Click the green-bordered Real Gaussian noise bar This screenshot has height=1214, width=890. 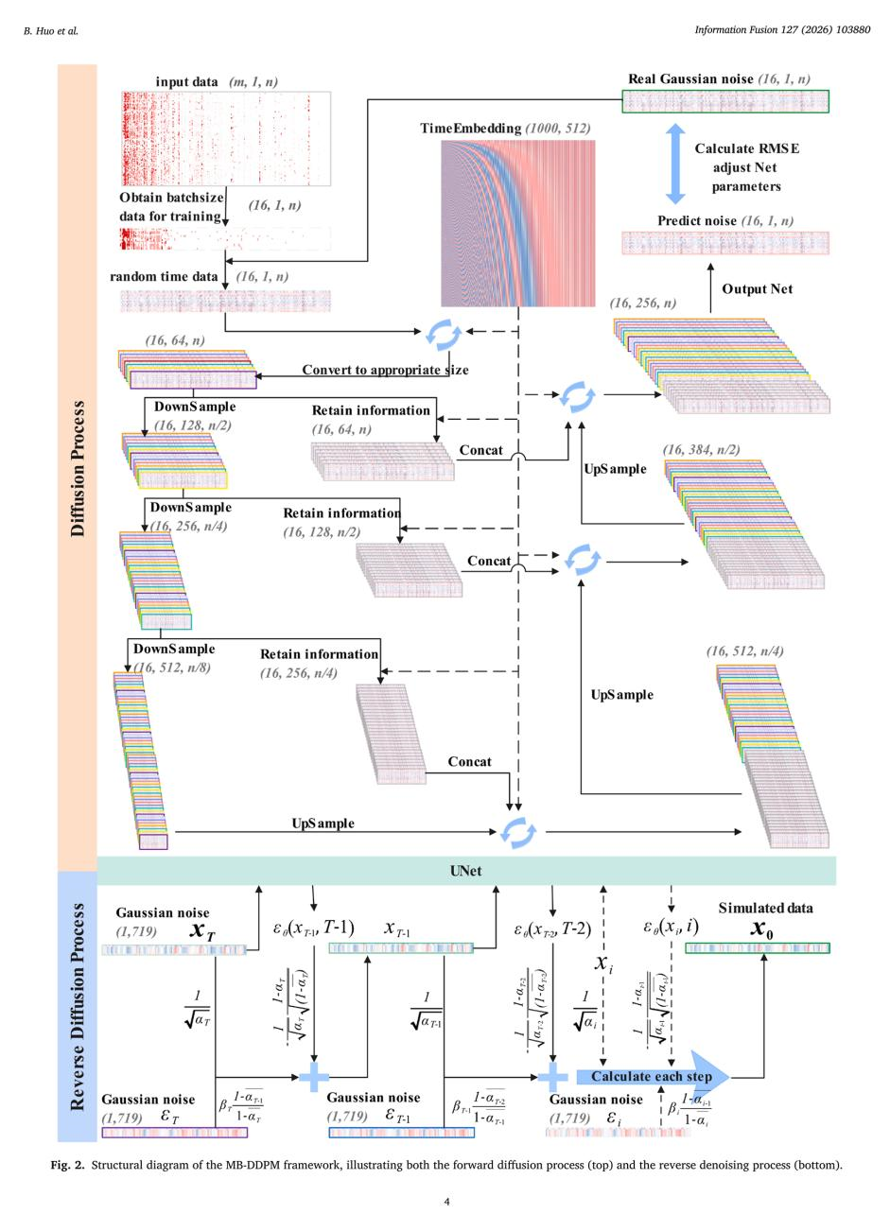tap(724, 101)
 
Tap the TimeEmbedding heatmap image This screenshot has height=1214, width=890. tap(517, 222)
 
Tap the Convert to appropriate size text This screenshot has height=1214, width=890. tap(385, 370)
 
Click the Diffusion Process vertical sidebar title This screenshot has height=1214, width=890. tap(78, 468)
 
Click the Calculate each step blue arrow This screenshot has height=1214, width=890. tap(653, 1076)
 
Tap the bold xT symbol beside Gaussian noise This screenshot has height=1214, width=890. tap(202, 930)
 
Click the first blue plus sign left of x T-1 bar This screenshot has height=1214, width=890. tap(313, 1076)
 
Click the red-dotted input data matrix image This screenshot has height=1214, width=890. tap(226, 139)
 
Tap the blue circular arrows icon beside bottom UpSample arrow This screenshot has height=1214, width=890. tap(517, 831)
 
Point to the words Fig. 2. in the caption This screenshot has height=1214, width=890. tap(68, 1165)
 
